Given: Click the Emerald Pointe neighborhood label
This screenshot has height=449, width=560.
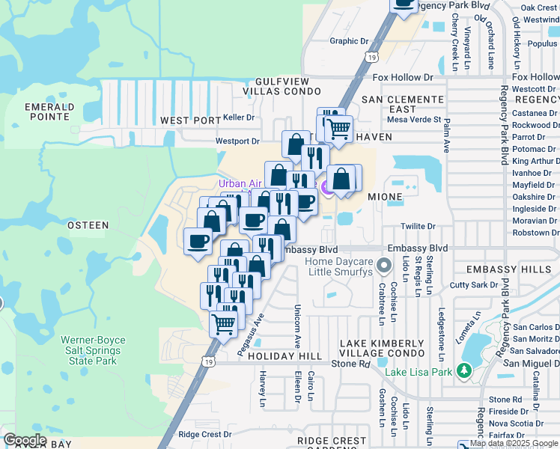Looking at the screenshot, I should click(x=49, y=112).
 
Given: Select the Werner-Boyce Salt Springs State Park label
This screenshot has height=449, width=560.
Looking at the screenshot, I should click(x=94, y=350).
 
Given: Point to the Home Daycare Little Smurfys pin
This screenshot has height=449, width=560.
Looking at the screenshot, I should click(x=384, y=265).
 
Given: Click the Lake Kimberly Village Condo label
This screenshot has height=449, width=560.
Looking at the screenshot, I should click(x=382, y=348).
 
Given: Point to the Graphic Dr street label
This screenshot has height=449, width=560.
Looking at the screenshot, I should click(x=350, y=42).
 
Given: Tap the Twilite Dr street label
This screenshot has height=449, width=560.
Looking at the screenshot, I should click(x=419, y=226).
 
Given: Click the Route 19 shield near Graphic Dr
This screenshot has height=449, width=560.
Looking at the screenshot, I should click(x=371, y=57).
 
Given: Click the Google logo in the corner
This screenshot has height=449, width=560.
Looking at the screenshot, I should click(x=25, y=440).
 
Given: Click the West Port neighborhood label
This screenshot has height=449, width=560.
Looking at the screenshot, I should click(x=191, y=120).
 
